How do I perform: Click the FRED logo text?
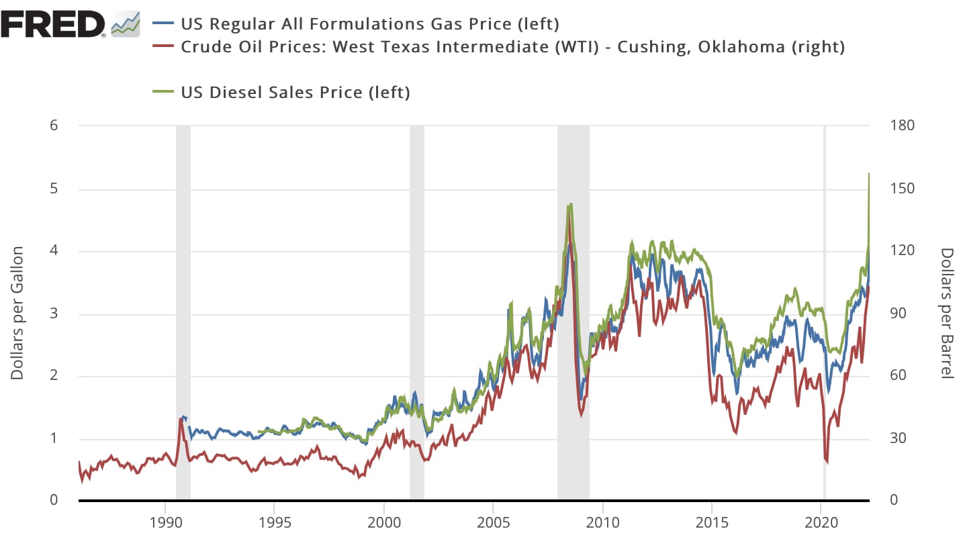53,24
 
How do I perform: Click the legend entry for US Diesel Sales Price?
295,93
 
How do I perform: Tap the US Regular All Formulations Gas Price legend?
369,24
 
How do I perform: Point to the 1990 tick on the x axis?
165,522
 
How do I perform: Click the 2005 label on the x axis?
494,522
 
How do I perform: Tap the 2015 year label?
713,522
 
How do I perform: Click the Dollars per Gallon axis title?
17,313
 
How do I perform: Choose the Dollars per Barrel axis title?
946,313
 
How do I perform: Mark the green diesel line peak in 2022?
869,174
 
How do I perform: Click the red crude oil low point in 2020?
826,462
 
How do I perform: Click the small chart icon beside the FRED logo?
126,24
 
